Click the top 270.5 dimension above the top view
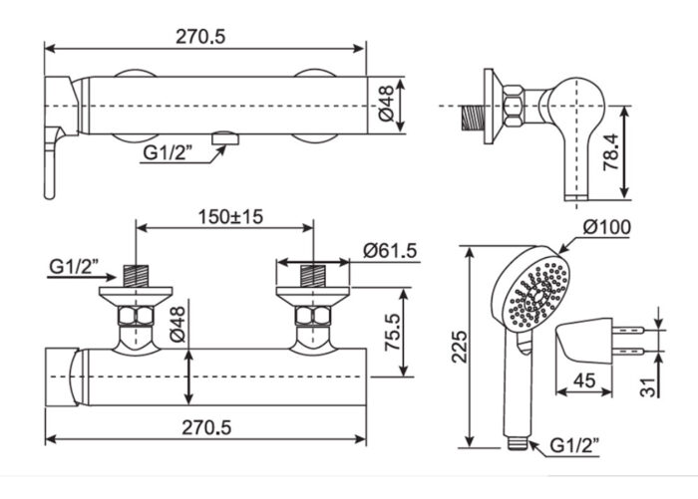coord(203,36)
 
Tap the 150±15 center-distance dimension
coord(223,216)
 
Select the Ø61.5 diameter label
coord(389,249)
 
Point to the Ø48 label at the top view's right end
coord(387,104)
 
